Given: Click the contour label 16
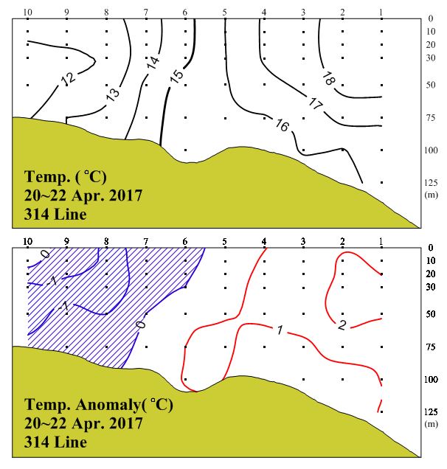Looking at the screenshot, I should [x=281, y=125].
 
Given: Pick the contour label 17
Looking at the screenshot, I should [x=315, y=104].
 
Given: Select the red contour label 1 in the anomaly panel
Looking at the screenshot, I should [x=279, y=330].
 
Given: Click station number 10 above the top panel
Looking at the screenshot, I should [x=28, y=13].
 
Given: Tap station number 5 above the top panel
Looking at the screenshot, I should [x=224, y=13].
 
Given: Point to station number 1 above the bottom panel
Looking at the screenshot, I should [x=381, y=240].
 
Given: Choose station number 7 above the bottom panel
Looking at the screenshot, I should [x=145, y=240].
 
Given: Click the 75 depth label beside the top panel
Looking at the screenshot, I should [x=433, y=117].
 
